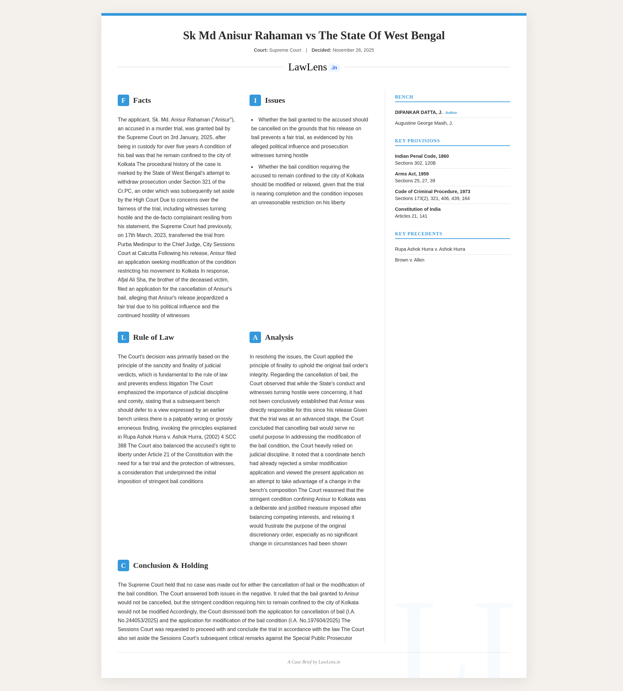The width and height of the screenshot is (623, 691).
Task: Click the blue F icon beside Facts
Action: [123, 100]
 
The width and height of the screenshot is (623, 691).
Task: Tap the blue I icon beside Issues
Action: [255, 100]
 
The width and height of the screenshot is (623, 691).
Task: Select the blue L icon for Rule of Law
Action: [123, 337]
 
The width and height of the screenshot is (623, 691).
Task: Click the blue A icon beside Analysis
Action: [255, 337]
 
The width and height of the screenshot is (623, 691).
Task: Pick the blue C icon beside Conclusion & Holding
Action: [123, 566]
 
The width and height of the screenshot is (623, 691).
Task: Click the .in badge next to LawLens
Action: [334, 68]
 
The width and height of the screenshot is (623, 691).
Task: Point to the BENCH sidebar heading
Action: [404, 97]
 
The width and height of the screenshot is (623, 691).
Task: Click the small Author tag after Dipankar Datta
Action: [451, 113]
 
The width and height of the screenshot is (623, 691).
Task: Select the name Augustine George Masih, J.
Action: [424, 123]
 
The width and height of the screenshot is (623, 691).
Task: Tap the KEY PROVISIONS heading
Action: [417, 141]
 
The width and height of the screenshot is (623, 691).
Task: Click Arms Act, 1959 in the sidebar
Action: [411, 174]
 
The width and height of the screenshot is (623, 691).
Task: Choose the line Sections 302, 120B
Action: [415, 163]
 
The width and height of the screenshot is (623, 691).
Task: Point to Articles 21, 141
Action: [411, 216]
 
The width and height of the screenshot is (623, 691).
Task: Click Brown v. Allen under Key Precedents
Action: [409, 260]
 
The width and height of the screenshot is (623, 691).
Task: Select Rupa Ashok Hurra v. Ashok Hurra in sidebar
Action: [430, 249]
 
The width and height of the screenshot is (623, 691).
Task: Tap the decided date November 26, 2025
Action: [353, 50]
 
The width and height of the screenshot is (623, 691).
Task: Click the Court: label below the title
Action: [261, 50]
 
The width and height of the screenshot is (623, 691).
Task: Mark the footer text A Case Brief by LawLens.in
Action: [314, 662]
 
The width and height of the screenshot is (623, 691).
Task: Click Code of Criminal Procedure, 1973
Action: [432, 191]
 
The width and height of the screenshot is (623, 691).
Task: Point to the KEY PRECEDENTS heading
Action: [418, 234]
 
